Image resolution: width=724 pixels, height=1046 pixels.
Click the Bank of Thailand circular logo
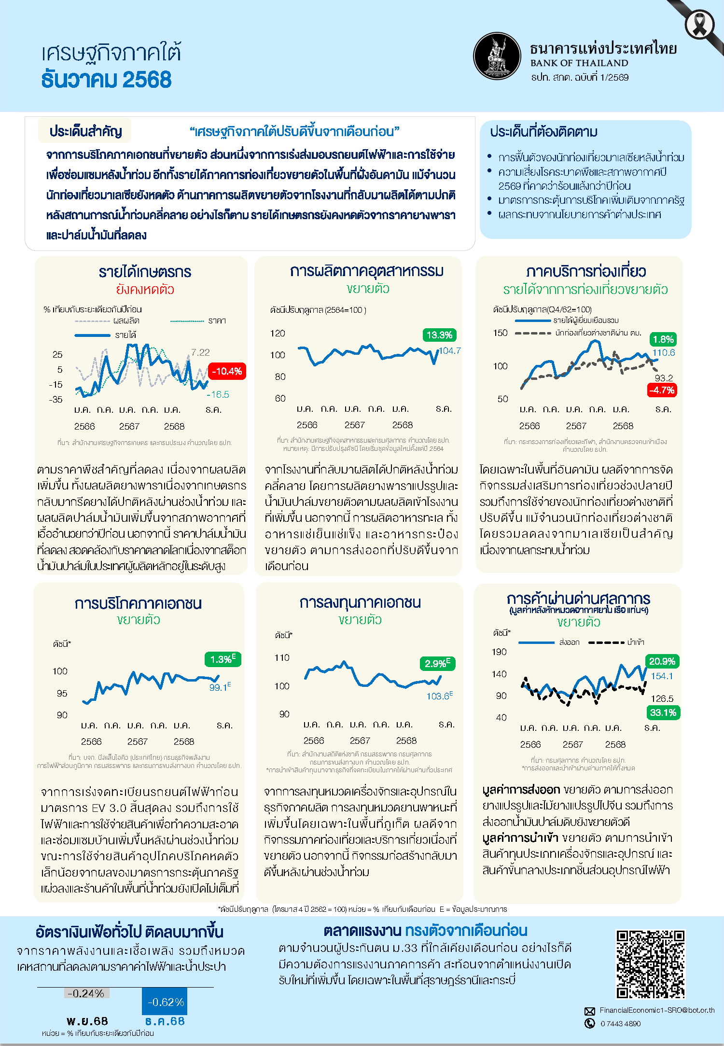click(497, 56)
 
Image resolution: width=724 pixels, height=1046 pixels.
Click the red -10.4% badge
click(227, 371)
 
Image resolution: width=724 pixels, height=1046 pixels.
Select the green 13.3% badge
click(439, 335)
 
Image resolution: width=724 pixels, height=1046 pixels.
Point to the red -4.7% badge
click(662, 390)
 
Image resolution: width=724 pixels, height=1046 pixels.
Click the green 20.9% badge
click(662, 661)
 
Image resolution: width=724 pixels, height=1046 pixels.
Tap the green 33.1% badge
click(663, 712)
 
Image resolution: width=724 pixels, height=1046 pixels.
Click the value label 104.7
click(450, 351)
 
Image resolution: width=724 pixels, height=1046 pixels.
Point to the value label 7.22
click(200, 352)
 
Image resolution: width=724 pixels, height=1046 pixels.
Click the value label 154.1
click(662, 676)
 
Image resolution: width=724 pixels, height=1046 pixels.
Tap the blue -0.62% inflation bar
click(165, 1002)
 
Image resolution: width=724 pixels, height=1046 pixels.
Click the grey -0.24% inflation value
click(86, 993)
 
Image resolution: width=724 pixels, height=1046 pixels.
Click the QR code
click(650, 964)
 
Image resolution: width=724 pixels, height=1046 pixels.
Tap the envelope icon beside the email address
click(590, 1011)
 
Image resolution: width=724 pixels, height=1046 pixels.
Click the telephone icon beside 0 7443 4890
click(590, 1023)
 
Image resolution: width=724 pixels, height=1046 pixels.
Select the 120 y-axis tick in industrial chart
click(278, 334)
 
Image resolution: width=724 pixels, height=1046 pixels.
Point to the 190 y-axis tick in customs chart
click(499, 652)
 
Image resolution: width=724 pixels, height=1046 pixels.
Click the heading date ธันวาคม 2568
click(106, 80)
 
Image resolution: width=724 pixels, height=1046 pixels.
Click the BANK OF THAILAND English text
click(579, 63)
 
